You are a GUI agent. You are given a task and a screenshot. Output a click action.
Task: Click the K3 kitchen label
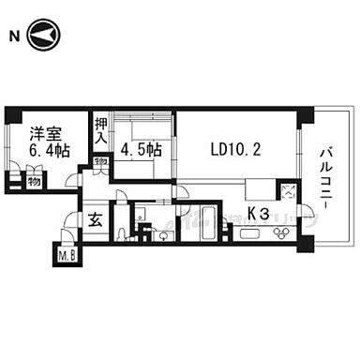(259, 215)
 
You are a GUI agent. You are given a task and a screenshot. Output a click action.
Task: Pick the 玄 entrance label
(96, 221)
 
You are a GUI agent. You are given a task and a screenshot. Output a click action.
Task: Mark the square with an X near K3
(288, 193)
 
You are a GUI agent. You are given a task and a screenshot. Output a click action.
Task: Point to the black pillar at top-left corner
(11, 114)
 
